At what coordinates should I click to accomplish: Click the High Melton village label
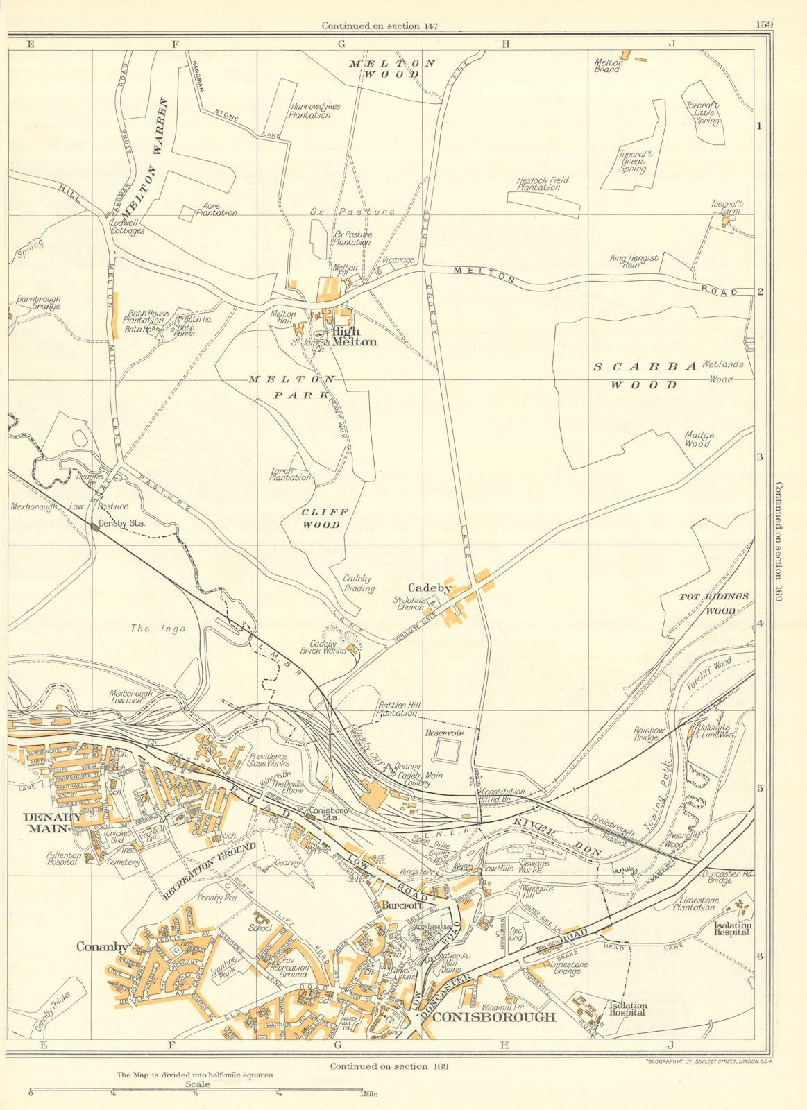pyautogui.click(x=354, y=336)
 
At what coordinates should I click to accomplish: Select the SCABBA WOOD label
pyautogui.click(x=645, y=375)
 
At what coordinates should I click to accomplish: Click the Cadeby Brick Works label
pyautogui.click(x=323, y=647)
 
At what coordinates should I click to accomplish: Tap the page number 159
pyautogui.click(x=764, y=24)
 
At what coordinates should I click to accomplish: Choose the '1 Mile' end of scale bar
pyautogui.click(x=369, y=1094)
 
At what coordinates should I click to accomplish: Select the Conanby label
pyautogui.click(x=102, y=946)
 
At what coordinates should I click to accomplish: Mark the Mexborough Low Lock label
pyautogui.click(x=135, y=697)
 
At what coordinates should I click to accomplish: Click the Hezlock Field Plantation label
pyautogui.click(x=543, y=184)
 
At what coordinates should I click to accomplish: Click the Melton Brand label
pyautogui.click(x=609, y=65)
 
